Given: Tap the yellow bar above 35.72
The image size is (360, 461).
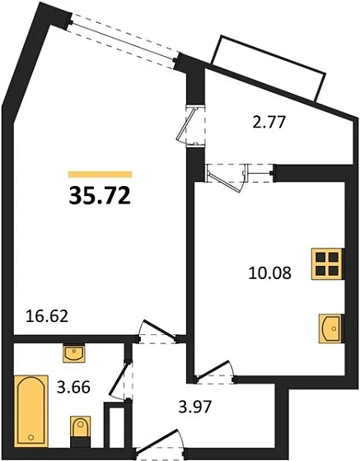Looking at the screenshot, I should [x=100, y=175].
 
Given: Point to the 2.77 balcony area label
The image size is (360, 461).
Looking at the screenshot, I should [x=267, y=125].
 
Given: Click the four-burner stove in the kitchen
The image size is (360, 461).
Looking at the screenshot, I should [x=327, y=264].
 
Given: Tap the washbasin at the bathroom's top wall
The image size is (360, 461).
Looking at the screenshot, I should [x=74, y=352].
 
